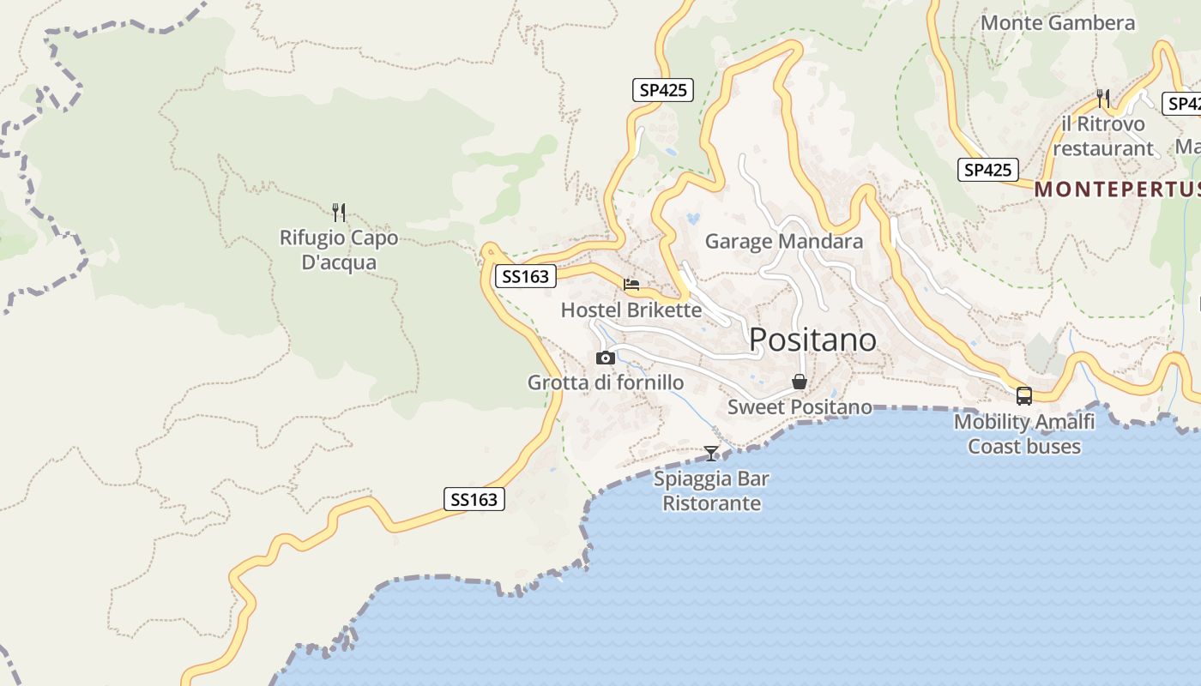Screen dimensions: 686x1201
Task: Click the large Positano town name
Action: pos(812,340)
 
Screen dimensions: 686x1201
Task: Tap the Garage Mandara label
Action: pos(783,242)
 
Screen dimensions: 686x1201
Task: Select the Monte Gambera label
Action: pos(1057,23)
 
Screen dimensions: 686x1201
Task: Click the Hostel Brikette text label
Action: pos(631,310)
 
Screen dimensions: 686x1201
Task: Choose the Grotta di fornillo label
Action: pos(606,382)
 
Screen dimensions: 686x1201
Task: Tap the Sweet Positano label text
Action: pos(800,407)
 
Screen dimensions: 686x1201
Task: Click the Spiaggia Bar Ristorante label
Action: pos(711,490)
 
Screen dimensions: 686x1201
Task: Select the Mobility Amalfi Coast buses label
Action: pos(1024,434)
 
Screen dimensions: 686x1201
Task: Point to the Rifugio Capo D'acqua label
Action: pos(339,250)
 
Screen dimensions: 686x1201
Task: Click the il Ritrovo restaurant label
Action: pos(1103,136)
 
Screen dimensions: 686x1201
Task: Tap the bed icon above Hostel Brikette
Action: pos(631,285)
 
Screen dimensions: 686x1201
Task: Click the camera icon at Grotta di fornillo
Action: pos(606,358)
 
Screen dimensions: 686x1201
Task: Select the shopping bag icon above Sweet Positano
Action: pos(800,382)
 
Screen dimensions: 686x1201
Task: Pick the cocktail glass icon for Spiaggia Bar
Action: pos(711,453)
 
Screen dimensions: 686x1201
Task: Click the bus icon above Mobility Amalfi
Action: pos(1024,395)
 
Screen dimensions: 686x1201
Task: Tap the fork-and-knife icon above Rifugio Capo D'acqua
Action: pos(339,212)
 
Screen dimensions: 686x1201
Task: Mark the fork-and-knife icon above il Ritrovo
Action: pos(1103,99)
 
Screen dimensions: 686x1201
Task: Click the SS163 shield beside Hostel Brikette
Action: pos(525,276)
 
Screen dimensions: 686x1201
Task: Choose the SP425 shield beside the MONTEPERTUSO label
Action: pos(987,170)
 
